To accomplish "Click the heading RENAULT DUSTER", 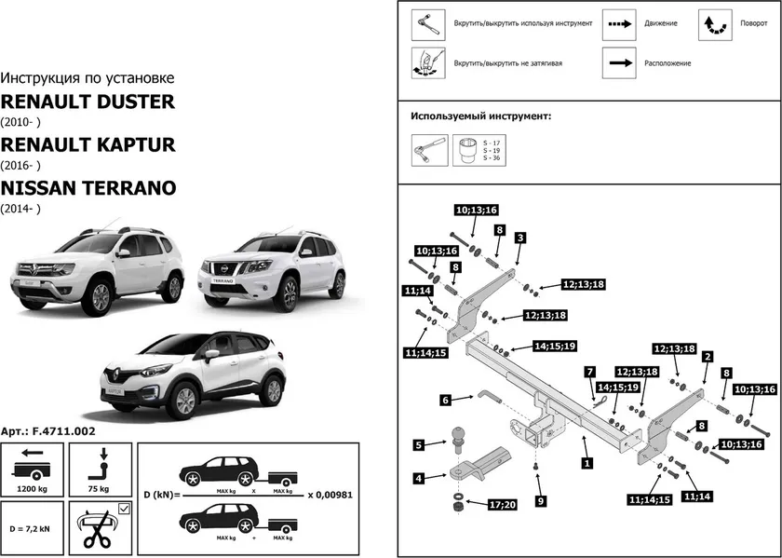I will (x=88, y=102).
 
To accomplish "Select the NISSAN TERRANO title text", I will (x=88, y=187).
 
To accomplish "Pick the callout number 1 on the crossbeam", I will (x=586, y=461).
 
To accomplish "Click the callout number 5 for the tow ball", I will (x=419, y=444).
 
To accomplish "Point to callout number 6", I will (x=445, y=400).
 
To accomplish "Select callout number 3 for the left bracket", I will (x=519, y=238).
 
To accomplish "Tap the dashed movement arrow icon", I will (x=617, y=23).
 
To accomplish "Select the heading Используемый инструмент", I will (x=480, y=116).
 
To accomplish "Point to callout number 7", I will (x=589, y=372).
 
